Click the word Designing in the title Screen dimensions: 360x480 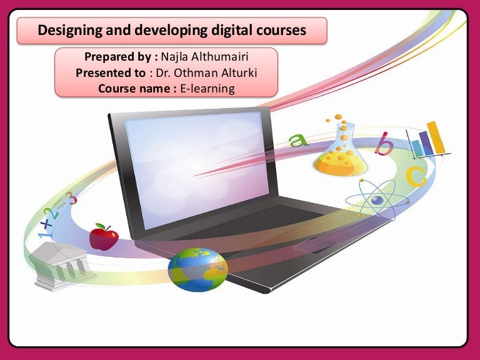(67, 30)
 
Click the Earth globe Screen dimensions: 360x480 (197, 269)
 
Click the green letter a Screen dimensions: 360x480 (299, 139)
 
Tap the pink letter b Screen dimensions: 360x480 (384, 145)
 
